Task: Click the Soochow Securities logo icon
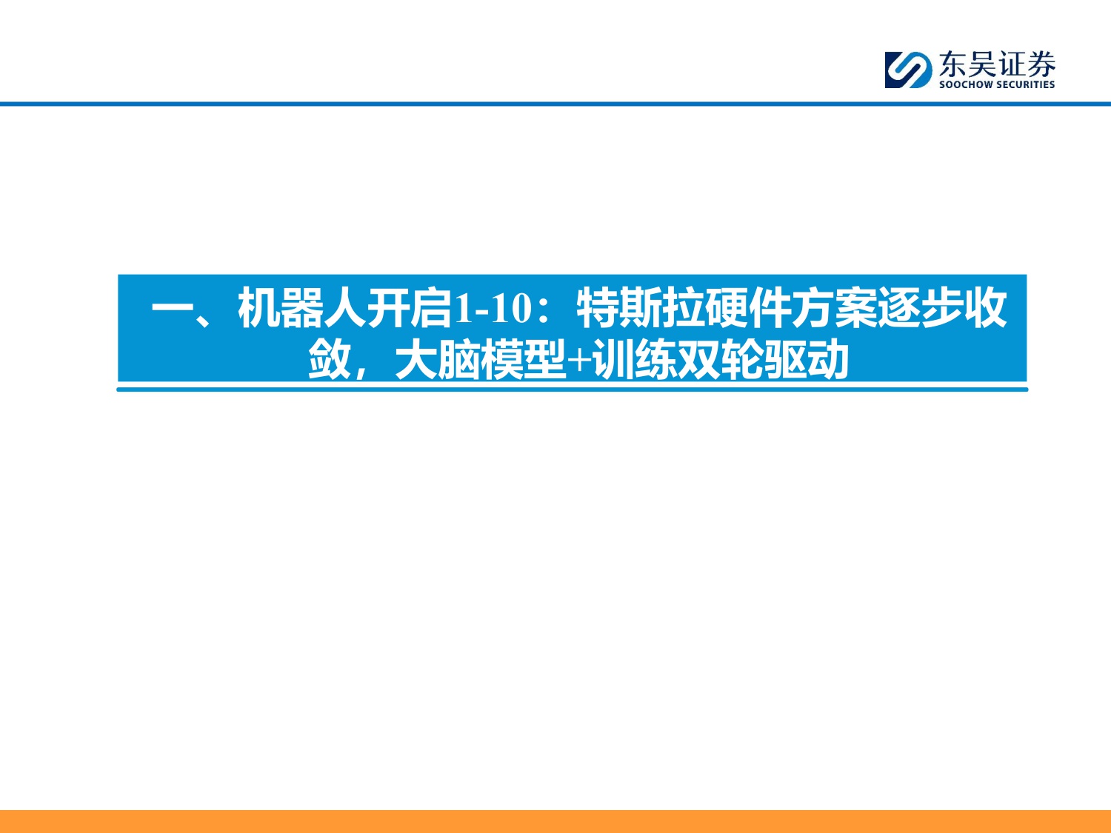(908, 70)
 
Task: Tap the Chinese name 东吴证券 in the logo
(997, 64)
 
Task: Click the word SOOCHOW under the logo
(964, 85)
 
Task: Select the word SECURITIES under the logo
(1025, 85)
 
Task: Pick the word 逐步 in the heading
(899, 309)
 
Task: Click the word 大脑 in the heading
(437, 361)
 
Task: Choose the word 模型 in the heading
(523, 361)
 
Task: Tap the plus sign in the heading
(579, 361)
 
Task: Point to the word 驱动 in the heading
(807, 361)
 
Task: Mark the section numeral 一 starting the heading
(173, 309)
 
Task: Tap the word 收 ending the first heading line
(985, 309)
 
